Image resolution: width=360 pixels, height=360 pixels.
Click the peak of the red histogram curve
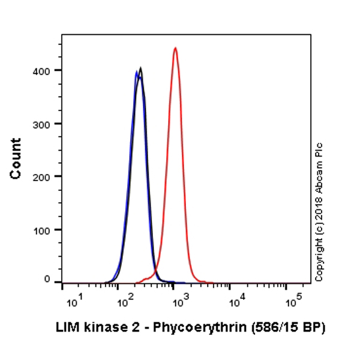point(175,48)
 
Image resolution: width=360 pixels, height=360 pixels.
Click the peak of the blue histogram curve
point(137,71)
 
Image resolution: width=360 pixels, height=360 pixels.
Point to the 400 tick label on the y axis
point(40,70)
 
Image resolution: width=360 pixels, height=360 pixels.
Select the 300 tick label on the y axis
point(40,124)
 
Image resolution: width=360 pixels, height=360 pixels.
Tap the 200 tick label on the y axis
point(40,176)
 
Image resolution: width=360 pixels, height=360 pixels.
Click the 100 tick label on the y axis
point(40,229)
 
